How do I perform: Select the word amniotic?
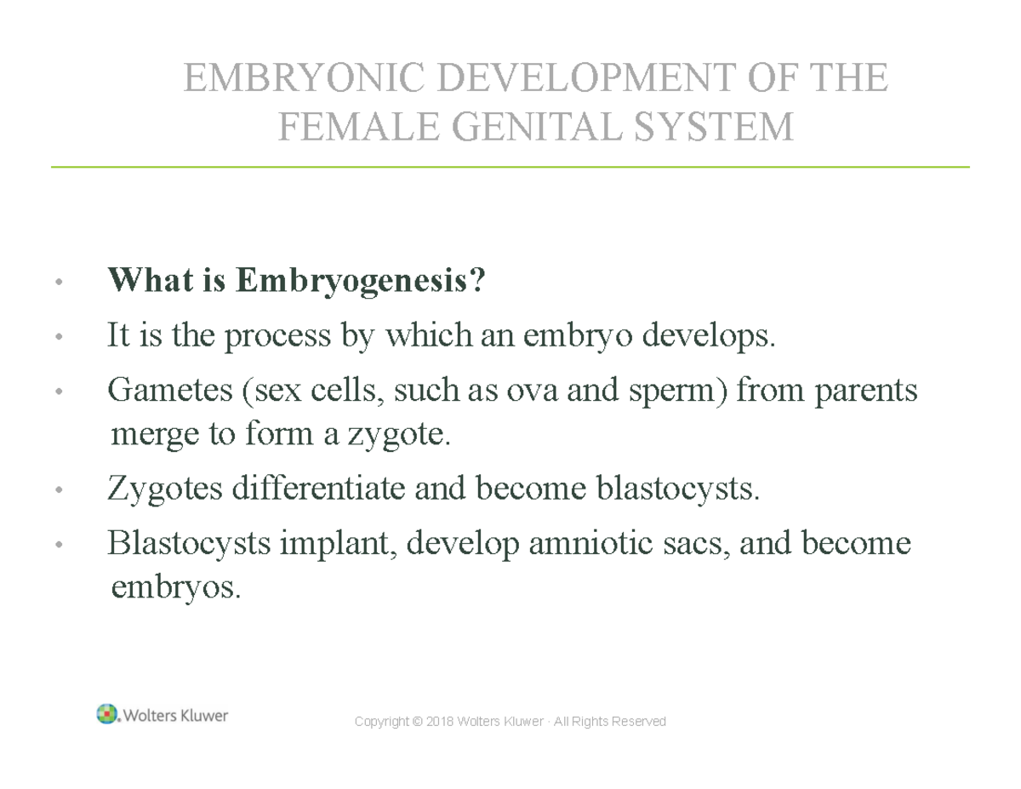579,543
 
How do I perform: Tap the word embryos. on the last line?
176,587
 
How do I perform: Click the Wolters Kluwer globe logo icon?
107,714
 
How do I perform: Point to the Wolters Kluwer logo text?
176,716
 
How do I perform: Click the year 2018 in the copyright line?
438,722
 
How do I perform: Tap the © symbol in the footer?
416,722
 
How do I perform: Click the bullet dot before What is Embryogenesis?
58,282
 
